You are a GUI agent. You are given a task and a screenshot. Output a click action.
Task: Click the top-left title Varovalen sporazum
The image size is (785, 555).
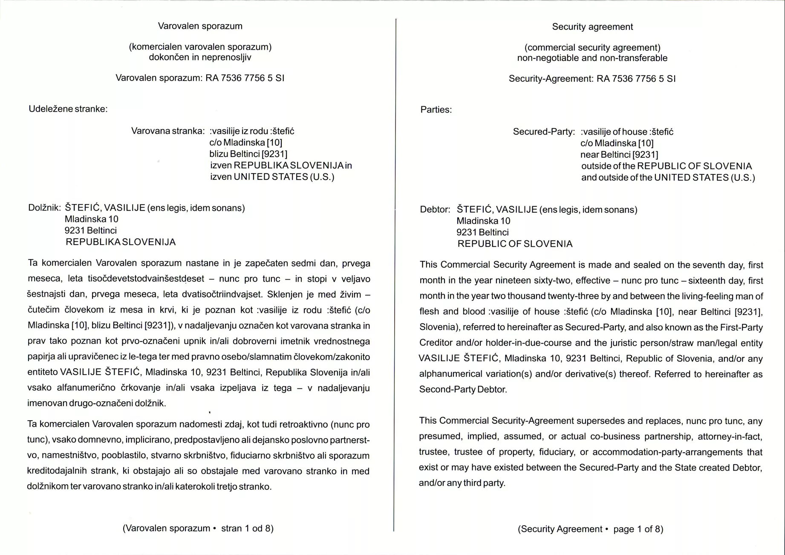(200, 26)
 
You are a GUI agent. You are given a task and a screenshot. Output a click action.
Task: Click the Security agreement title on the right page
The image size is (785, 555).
(592, 27)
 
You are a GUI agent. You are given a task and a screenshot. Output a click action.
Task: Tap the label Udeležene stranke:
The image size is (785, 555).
(68, 109)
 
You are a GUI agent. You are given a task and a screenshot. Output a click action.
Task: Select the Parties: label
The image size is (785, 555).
(436, 110)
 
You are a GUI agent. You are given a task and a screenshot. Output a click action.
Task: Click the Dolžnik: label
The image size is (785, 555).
(44, 208)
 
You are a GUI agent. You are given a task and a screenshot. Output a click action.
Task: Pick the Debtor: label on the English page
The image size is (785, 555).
(435, 210)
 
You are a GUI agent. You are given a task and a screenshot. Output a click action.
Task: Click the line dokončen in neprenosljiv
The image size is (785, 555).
(200, 58)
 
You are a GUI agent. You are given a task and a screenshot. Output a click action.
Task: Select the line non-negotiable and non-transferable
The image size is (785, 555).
(592, 58)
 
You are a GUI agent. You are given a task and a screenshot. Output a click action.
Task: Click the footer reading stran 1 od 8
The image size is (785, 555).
(247, 529)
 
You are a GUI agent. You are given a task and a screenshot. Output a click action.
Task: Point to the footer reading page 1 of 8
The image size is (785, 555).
(638, 529)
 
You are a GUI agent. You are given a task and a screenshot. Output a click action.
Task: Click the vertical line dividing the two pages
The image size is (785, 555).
(395, 273)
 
